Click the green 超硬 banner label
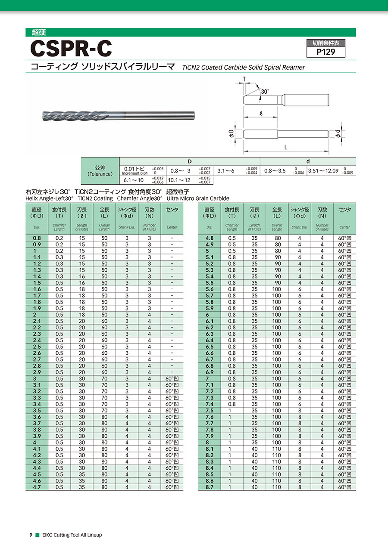pyautogui.click(x=39, y=32)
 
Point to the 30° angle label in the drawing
pyautogui.click(x=265, y=92)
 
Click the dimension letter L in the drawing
pyautogui.click(x=286, y=147)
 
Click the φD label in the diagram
pyautogui.click(x=232, y=134)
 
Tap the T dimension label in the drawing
pyautogui.click(x=244, y=79)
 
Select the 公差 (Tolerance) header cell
pyautogui.click(x=100, y=170)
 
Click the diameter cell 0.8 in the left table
pyautogui.click(x=37, y=238)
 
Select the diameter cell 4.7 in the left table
pyautogui.click(x=37, y=487)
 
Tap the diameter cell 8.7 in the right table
pyautogui.click(x=210, y=487)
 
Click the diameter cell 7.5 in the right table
pyautogui.click(x=210, y=410)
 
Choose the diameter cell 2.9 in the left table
pyautogui.click(x=37, y=372)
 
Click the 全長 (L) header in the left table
pyautogui.click(x=104, y=212)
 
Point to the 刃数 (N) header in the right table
pyautogui.click(x=322, y=212)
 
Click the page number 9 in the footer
pyautogui.click(x=31, y=535)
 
